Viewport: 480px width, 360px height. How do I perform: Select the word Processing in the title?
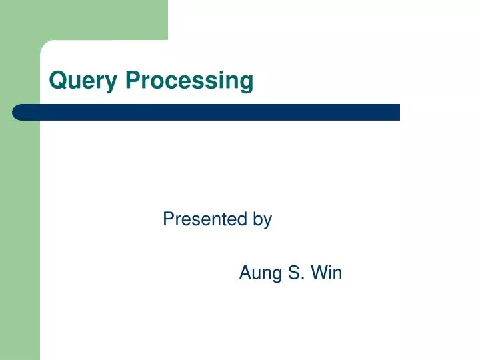pos(189,81)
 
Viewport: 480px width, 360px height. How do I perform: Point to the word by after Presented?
pos(262,219)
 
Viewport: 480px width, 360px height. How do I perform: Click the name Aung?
pos(261,273)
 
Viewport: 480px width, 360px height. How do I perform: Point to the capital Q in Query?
pos(57,81)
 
